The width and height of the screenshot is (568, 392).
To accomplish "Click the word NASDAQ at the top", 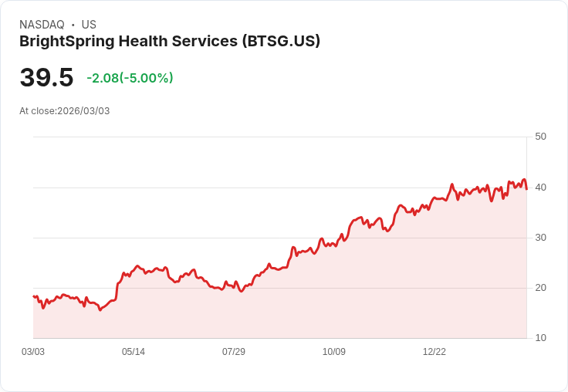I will coord(42,25).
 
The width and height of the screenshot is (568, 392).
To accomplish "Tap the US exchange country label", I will coord(89,25).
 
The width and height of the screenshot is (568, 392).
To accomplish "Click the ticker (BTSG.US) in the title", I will coord(281,41).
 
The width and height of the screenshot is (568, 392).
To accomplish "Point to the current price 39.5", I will coord(46,77).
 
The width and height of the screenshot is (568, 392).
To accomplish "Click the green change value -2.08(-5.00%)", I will coord(130,78).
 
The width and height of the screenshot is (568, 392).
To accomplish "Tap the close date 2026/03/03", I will coord(83,111).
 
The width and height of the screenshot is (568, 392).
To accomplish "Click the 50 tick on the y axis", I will coord(540,137).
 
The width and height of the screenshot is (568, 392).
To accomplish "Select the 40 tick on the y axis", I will coord(540,188).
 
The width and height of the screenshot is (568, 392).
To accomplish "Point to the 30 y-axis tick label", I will coord(540,238).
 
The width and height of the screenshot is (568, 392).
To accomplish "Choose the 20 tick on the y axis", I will coord(540,288).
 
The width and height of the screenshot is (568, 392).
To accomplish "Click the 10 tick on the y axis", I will coord(540,338).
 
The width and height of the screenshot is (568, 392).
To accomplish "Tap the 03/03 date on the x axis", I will coord(33,352).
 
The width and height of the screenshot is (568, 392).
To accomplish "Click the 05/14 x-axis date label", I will coord(134,352).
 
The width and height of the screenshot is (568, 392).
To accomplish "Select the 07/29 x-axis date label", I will coord(234,352).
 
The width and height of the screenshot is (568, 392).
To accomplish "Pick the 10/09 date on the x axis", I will coord(334,352).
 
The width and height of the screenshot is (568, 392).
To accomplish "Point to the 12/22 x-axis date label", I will coord(434,352).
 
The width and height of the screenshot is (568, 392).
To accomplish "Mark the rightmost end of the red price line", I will coord(526,188).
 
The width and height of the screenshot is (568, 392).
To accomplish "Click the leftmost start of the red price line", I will coord(33,296).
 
